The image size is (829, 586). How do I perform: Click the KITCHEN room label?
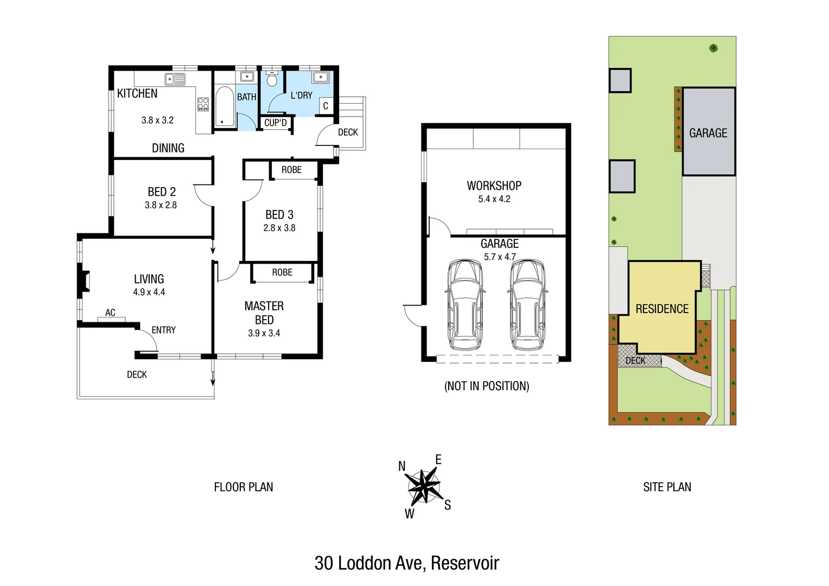pos(137,93)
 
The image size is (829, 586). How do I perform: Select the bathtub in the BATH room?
pos(224,106)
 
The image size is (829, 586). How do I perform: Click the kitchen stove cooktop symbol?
pos(203,104)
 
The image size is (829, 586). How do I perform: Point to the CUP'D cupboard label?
pos(276,123)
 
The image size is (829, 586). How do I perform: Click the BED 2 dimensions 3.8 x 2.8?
pos(161,205)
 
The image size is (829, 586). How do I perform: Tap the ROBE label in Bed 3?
pos(291,170)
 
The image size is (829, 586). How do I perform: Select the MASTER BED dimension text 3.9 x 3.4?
pos(264,333)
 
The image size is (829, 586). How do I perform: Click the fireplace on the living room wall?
pos(84,281)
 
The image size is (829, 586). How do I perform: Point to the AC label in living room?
pos(110,313)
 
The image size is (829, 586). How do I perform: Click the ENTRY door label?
pos(163,330)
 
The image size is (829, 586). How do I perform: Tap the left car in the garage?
pos(465,305)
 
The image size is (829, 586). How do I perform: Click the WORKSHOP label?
pos(494,186)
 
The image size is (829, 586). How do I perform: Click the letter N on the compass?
pos(402,466)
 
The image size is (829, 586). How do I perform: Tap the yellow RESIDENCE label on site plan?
pos(662,309)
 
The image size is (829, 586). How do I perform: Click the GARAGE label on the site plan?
pos(708,133)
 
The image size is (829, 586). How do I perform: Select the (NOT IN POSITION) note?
pos(487,386)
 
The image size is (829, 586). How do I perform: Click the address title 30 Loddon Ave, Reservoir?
pos(407,563)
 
